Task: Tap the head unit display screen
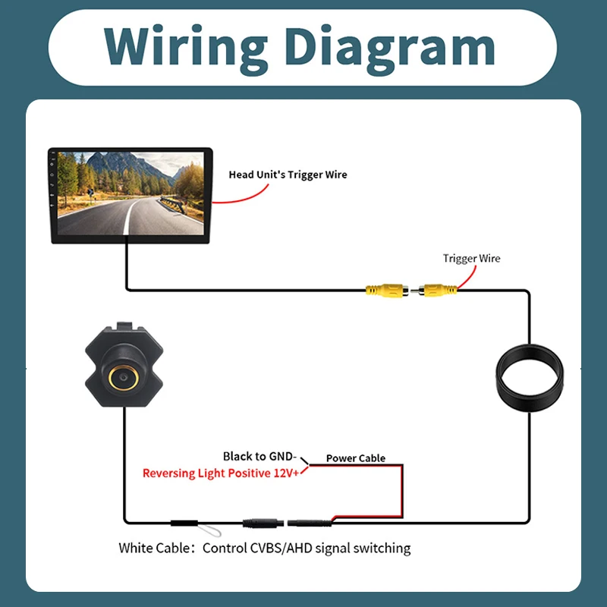coord(131,193)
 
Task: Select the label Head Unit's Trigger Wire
coord(288,175)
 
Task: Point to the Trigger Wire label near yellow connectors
coord(471,258)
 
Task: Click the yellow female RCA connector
coord(387,291)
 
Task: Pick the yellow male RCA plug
coord(434,290)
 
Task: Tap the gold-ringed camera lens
coord(124,377)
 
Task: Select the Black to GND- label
coord(259,457)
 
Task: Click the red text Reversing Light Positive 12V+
coord(221,473)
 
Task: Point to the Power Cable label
coord(356,458)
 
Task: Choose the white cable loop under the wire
coord(209,530)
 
